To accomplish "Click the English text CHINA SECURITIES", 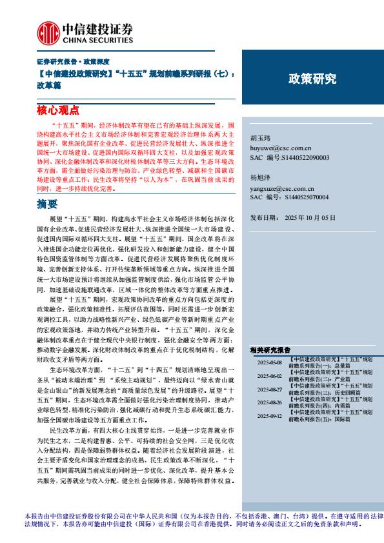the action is tap(97, 38).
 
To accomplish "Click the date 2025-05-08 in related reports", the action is tap(269, 362).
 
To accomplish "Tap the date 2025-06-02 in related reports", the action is tap(269, 376).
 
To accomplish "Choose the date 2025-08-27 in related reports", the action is tap(269, 390).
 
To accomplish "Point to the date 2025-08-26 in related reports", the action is tap(269, 402).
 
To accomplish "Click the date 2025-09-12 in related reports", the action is tap(269, 416).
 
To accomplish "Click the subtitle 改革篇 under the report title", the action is tap(47, 84).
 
